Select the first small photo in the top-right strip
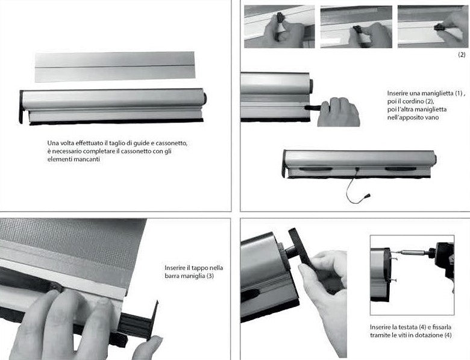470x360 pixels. pyautogui.click(x=279, y=27)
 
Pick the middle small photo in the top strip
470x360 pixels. pyautogui.click(x=356, y=27)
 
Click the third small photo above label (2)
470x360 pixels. pyautogui.click(x=433, y=27)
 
